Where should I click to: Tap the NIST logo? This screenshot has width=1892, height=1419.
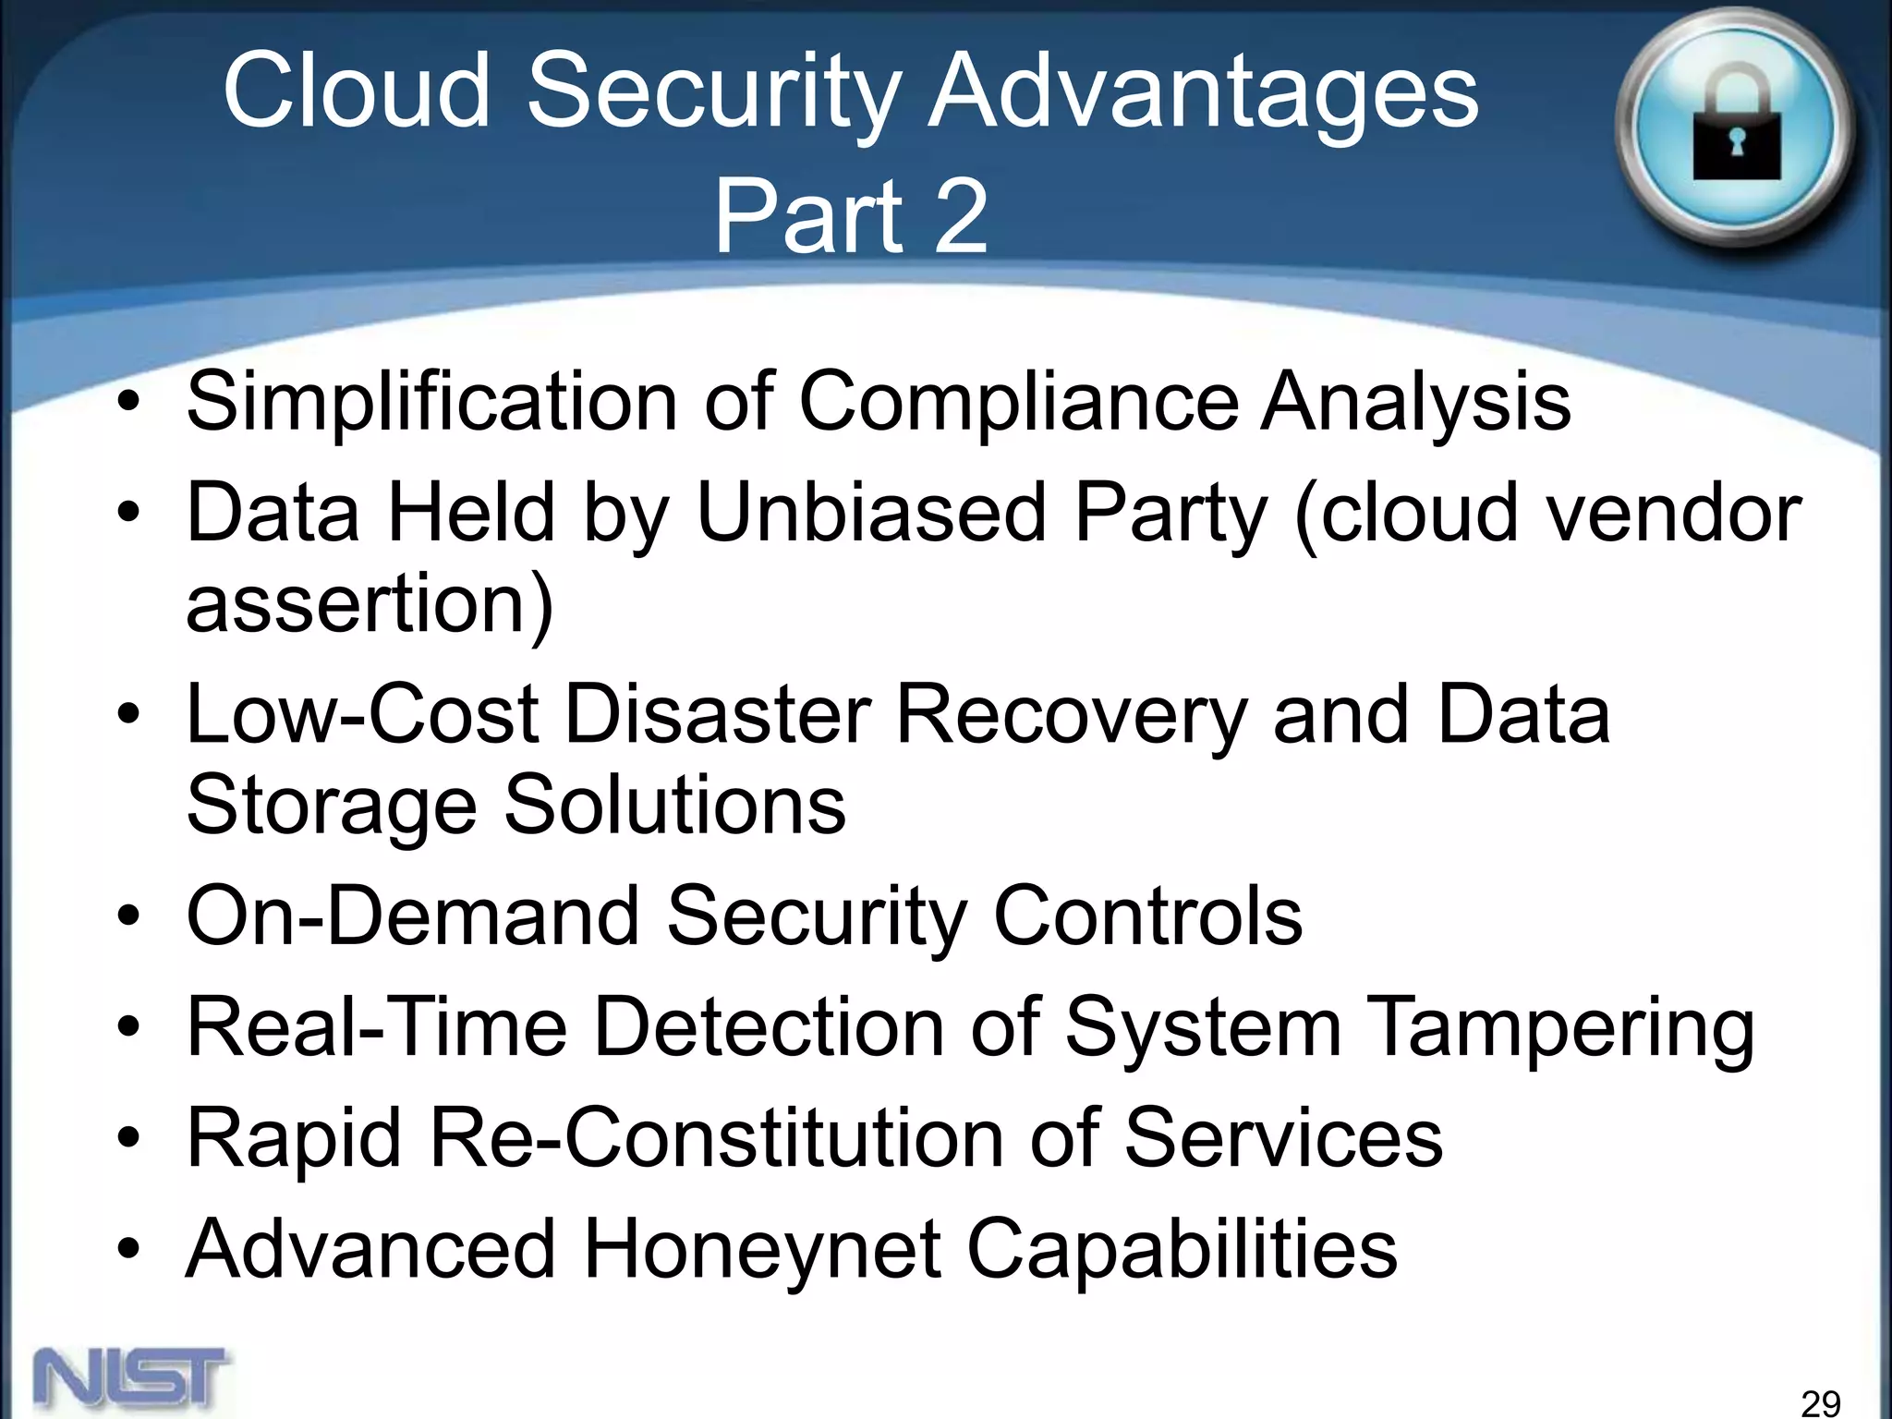(x=131, y=1376)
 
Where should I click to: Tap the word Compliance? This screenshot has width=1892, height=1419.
(x=1017, y=403)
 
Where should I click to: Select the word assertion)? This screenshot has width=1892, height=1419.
(x=370, y=604)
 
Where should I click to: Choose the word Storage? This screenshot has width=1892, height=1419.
(x=332, y=805)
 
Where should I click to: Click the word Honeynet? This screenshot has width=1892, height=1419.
(x=762, y=1249)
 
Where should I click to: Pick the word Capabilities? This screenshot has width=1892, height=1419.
(x=1182, y=1249)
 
